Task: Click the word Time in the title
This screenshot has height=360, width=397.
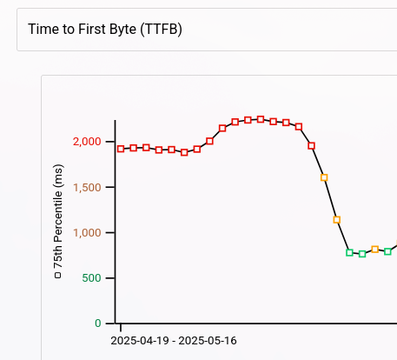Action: [x=43, y=30]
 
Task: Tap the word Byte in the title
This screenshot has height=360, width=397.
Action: [x=119, y=30]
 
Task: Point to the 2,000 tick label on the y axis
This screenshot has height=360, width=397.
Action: [x=87, y=142]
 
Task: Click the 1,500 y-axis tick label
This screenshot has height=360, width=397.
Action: [x=87, y=187]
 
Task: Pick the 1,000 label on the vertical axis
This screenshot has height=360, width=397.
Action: [x=87, y=232]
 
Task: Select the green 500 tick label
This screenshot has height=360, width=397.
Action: [x=92, y=278]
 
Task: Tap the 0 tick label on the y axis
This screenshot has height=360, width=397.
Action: [x=98, y=323]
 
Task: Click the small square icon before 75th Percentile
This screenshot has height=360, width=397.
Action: [x=58, y=276]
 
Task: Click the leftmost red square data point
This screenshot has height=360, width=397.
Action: [x=121, y=149]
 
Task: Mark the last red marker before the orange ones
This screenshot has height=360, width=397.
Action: [x=312, y=145]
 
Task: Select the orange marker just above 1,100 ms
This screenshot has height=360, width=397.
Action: [x=337, y=220]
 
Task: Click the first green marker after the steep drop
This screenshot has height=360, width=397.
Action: [x=350, y=252]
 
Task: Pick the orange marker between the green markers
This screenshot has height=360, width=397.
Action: [x=375, y=250]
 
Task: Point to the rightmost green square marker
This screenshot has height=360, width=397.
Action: [x=387, y=251]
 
